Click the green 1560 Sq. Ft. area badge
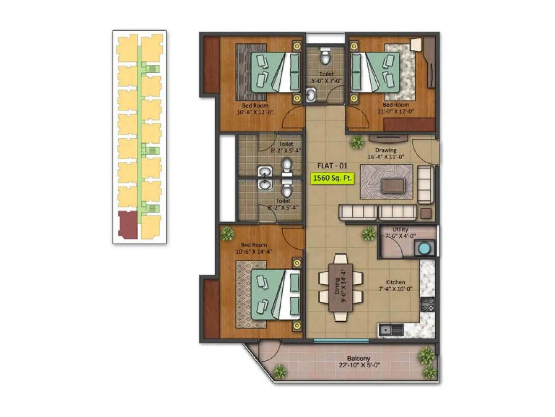332,178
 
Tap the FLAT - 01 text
332,166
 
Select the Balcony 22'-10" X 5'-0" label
359,361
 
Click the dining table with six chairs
341,287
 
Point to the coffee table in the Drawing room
393,186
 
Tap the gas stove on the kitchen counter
427,304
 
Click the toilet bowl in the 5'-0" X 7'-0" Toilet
325,57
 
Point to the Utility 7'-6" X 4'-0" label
401,232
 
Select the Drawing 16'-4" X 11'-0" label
386,153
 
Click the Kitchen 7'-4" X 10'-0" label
395,285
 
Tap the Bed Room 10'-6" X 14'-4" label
254,248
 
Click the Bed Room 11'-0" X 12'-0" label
396,108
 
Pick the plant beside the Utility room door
369,234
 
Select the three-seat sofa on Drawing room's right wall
425,185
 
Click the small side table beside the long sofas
426,213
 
